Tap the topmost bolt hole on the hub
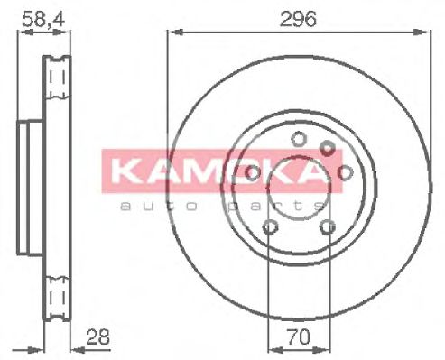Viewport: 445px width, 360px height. click(297, 138)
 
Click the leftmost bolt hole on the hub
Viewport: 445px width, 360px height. click(252, 171)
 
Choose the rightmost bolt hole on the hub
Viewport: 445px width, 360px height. click(343, 171)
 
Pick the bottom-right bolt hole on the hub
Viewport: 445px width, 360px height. click(322, 229)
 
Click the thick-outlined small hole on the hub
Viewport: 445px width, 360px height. click(328, 147)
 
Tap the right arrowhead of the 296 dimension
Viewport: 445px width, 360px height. click(422, 33)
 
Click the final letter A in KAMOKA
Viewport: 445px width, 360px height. click(308, 171)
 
